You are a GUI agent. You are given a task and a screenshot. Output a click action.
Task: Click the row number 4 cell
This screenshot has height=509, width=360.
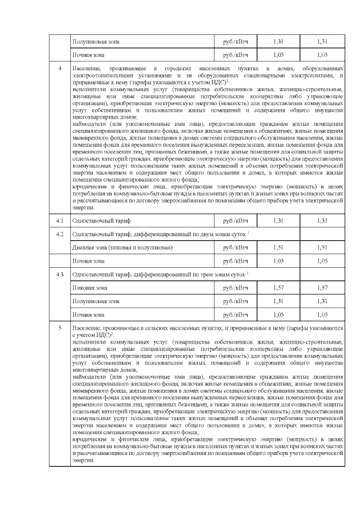pyautogui.click(x=60, y=69)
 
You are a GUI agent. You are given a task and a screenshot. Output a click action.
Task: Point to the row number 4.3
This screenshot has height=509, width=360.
pyautogui.click(x=60, y=274)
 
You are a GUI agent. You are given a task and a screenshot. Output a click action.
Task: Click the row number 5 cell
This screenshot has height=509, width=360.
pyautogui.click(x=60, y=327)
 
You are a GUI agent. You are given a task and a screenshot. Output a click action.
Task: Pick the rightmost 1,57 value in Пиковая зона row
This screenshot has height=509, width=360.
pyautogui.click(x=322, y=287)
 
